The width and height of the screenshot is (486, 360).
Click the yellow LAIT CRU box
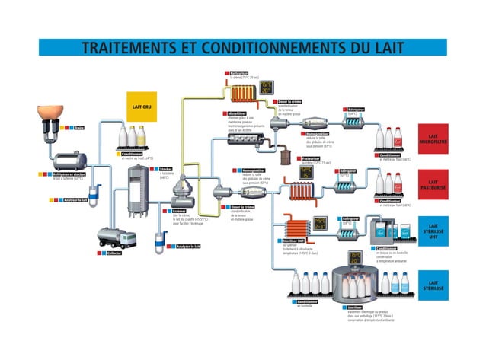coord(140,107)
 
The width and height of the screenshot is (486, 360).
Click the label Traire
coord(79,128)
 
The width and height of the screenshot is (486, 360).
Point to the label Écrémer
coord(180,210)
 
